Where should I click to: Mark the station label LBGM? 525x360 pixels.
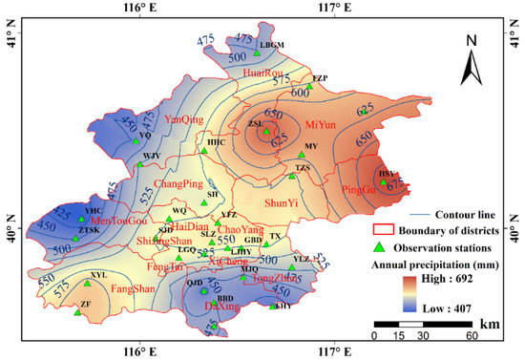click(x=272, y=44)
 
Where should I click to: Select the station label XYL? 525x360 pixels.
click(x=97, y=274)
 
